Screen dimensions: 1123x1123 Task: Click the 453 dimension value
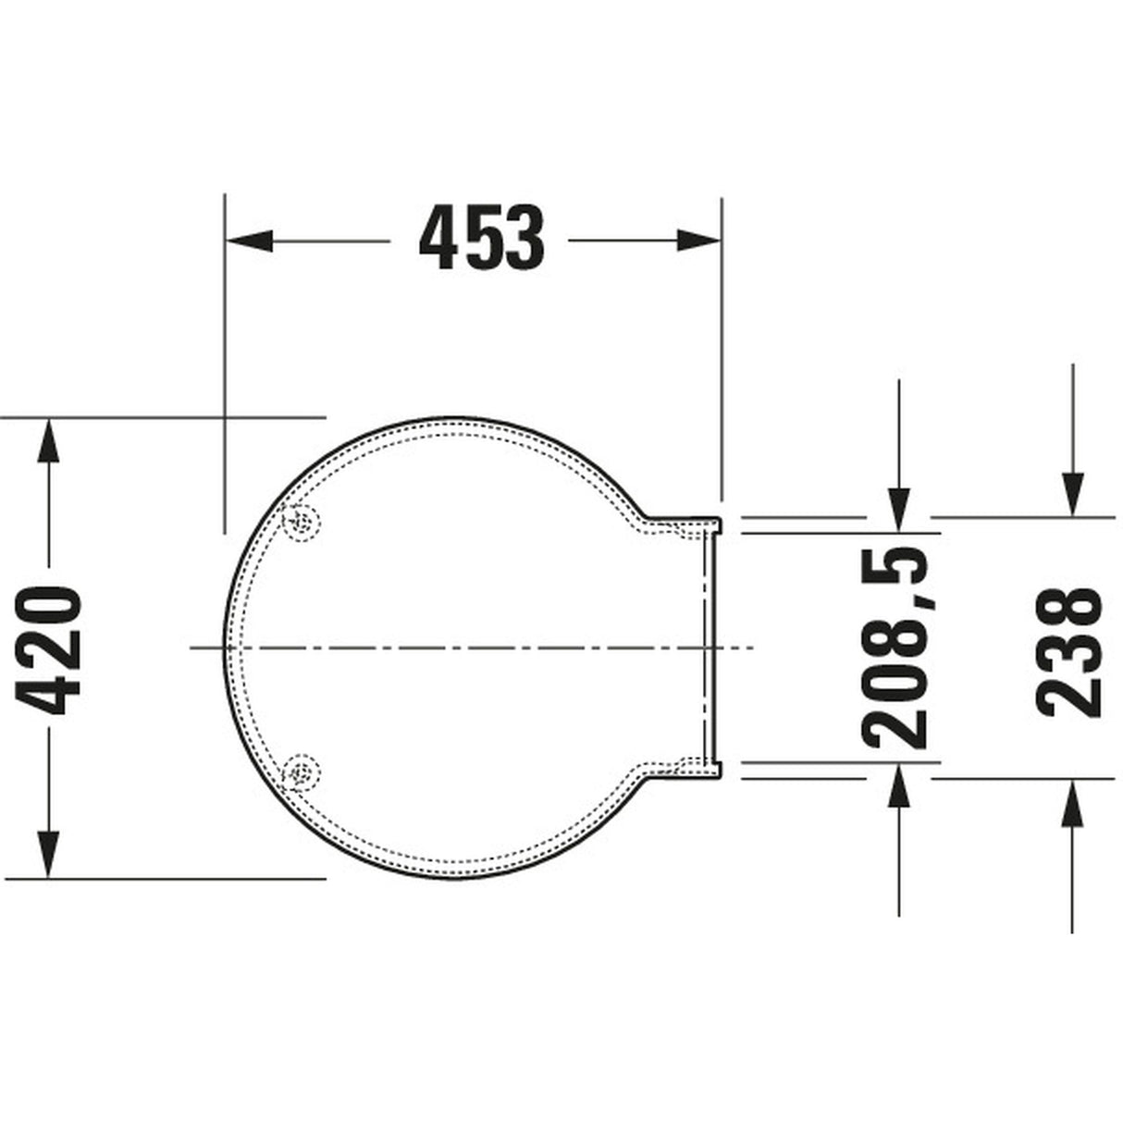tap(482, 239)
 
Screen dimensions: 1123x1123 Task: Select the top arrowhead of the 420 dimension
tap(48, 442)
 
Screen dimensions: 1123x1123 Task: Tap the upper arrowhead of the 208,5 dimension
tap(897, 509)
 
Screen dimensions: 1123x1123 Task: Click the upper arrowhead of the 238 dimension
tap(1072, 492)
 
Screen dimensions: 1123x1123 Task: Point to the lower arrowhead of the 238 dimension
tap(1072, 802)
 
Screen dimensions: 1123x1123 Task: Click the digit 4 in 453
tap(438, 239)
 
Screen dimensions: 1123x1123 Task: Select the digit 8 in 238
tap(1070, 609)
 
